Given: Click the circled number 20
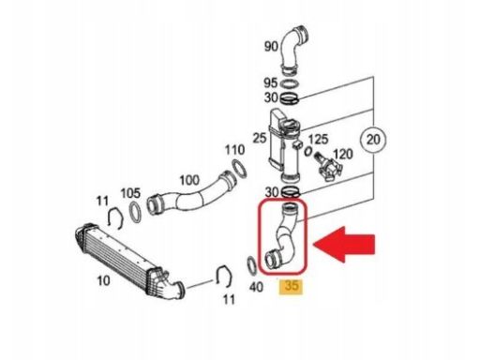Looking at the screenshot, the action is point(373,139).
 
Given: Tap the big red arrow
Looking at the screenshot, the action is point(344,245).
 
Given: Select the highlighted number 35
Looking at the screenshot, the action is point(291,286).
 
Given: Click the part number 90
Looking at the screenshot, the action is point(271,47).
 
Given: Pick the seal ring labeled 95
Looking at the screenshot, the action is point(289,83).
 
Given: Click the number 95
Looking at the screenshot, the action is point(271,82).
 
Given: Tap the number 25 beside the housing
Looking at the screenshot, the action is point(260,138).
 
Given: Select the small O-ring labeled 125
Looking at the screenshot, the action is point(308,151).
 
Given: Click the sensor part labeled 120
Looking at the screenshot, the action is point(329,167).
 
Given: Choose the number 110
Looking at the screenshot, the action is point(234,150).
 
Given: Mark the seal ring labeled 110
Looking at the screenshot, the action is point(240,169).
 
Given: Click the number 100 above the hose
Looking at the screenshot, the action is point(189,180).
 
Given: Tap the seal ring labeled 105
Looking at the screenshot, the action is point(136,213).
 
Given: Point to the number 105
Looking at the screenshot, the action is point(130,193).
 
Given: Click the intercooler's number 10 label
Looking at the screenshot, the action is point(103,281).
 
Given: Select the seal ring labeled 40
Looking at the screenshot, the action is point(252,266).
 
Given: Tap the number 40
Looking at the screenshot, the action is point(256,287).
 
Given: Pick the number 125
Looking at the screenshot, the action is point(318,140).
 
